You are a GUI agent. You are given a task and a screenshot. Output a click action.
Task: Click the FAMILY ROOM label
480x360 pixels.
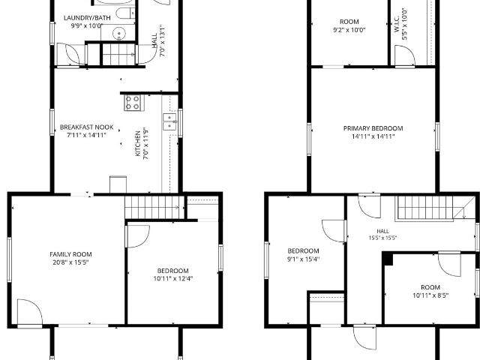70,254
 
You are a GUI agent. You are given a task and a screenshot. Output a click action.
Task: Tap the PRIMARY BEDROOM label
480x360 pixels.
373,128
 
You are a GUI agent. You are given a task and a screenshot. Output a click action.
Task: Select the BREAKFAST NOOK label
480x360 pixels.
87,127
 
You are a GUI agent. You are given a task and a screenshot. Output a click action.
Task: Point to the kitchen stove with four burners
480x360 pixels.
133,103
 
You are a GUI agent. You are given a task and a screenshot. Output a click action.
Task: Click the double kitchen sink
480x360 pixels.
169,121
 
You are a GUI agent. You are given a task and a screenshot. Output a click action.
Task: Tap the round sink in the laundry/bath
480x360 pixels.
118,33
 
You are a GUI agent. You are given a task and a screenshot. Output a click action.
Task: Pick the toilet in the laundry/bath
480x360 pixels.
126,13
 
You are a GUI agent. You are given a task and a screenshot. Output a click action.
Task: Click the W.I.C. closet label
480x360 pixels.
396,24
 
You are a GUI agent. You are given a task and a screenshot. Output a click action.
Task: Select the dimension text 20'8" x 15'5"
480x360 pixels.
70,262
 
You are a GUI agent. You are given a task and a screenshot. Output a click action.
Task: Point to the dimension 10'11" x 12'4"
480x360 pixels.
173,278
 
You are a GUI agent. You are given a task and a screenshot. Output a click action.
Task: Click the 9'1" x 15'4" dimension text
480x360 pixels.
303,259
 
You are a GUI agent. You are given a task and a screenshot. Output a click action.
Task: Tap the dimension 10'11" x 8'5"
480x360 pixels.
430,295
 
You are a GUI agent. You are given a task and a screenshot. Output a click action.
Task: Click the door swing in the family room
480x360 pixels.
30,312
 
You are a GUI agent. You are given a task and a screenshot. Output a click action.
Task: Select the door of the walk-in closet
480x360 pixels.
404,55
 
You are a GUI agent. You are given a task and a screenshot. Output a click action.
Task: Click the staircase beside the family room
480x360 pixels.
154,207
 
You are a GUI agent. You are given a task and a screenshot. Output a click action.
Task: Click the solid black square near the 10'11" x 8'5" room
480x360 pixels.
388,259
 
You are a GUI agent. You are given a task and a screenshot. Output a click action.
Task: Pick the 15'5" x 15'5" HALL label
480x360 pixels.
382,235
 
